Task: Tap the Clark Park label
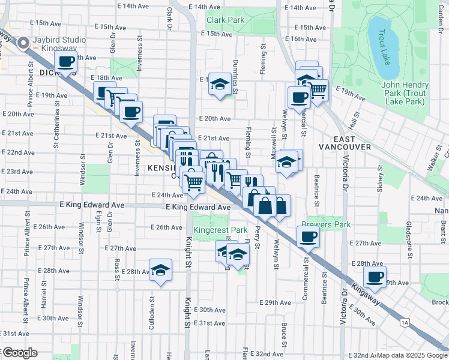pyautogui.click(x=225, y=20)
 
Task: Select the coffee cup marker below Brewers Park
pyautogui.click(x=308, y=236)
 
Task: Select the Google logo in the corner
pyautogui.click(x=19, y=353)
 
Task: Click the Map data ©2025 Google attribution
pyautogui.click(x=412, y=355)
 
